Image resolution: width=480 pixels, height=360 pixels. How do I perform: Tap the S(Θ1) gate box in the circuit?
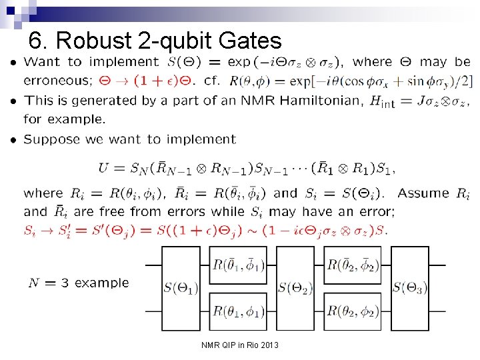[181, 288]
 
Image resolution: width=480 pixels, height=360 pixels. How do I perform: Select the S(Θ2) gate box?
[295, 288]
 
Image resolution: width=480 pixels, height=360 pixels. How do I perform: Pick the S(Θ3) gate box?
[409, 288]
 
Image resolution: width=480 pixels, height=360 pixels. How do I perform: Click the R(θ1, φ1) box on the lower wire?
[238, 311]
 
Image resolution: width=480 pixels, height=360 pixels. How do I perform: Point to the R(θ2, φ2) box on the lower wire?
[353, 311]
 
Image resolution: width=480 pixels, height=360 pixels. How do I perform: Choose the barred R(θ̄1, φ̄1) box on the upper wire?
[238, 265]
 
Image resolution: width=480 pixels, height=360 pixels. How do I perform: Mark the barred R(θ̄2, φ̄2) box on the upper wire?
[353, 265]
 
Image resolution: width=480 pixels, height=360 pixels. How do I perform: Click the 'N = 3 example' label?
[79, 283]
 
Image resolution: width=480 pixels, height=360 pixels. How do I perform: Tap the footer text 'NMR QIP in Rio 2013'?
[240, 345]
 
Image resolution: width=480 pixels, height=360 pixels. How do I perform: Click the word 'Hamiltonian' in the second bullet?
[302, 101]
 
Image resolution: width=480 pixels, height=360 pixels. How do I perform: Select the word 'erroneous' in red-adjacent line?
[57, 81]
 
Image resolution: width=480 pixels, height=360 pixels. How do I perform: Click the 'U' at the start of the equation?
[103, 168]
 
